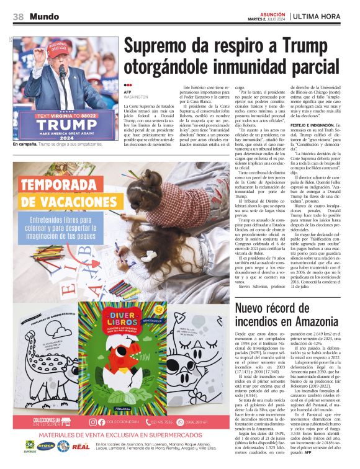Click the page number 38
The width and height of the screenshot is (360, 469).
click(x=19, y=17)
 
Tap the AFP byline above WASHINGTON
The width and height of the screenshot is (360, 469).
click(x=128, y=92)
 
